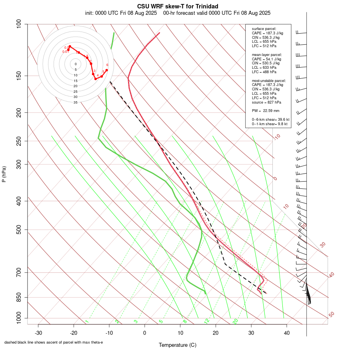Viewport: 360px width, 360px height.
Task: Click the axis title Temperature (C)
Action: (x=177, y=345)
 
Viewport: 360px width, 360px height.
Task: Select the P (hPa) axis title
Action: (x=4, y=174)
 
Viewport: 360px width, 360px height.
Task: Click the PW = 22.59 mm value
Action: (x=266, y=111)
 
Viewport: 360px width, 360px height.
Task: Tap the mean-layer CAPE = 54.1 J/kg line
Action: (x=267, y=59)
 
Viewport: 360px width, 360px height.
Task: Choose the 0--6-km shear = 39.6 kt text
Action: (x=270, y=120)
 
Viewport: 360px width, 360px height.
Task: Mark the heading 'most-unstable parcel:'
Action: (x=269, y=80)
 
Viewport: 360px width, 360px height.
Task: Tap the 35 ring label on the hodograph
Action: (x=75, y=102)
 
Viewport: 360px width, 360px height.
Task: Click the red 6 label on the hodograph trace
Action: (x=107, y=65)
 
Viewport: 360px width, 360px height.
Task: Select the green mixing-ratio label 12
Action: (x=207, y=321)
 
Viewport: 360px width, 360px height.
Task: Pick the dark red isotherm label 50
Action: (x=331, y=315)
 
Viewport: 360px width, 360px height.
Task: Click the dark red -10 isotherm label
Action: (x=277, y=137)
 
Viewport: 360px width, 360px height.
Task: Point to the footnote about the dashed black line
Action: (x=54, y=342)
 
